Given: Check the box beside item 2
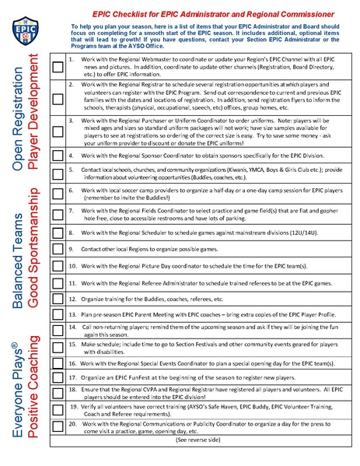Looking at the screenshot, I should pos(58,99).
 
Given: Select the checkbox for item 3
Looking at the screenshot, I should pos(58,135).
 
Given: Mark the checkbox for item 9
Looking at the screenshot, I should pos(58,249).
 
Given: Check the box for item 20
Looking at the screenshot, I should pos(58,425).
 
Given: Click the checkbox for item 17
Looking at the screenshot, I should pos(58,378).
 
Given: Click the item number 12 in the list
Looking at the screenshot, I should pos(71,297).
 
